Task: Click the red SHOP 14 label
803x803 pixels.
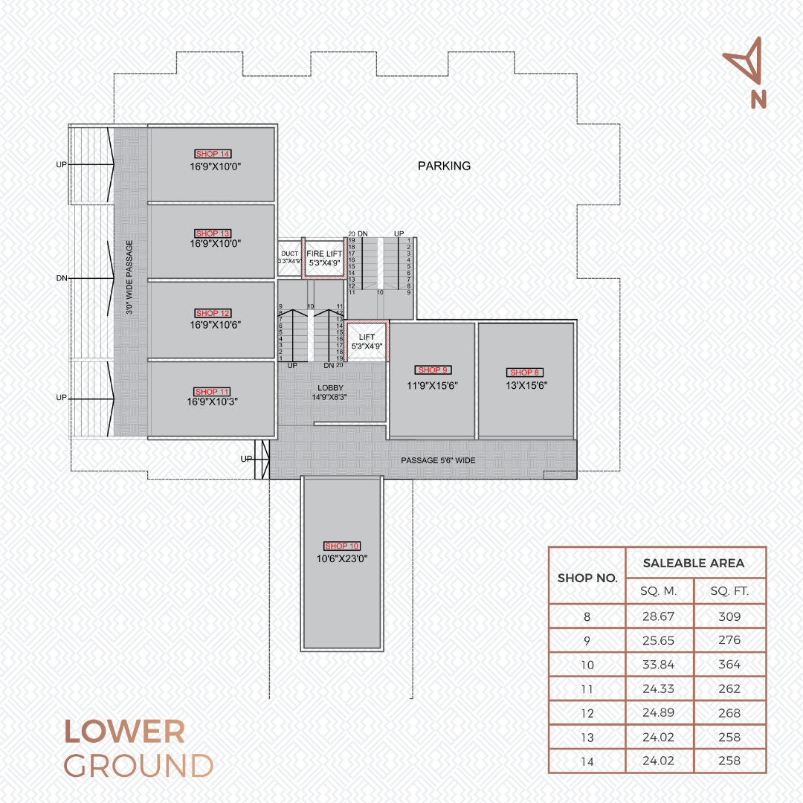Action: coord(213,154)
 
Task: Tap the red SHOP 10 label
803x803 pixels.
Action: coord(341,546)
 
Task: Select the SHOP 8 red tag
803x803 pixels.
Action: coord(524,373)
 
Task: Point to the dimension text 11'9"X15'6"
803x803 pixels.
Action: coord(432,386)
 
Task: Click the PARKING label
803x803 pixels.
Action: coord(444,166)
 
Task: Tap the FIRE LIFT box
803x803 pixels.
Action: coord(324,258)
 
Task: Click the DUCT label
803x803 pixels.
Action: coord(289,254)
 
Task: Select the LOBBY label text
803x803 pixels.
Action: coord(330,387)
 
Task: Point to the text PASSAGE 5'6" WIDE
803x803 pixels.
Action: coord(438,460)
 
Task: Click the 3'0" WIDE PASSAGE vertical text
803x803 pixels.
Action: coord(129,277)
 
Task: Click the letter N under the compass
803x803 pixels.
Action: coord(758,100)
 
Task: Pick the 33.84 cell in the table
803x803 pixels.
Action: coord(658,665)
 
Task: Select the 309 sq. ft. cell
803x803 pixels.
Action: coord(729,616)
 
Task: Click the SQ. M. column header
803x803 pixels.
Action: coord(659,591)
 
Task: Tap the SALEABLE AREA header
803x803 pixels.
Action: coord(694,564)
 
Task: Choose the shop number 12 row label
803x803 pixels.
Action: coord(587,713)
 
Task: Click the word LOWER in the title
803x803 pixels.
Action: coord(124,732)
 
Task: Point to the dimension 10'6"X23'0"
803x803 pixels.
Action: coord(341,558)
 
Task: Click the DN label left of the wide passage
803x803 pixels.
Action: coord(62,278)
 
